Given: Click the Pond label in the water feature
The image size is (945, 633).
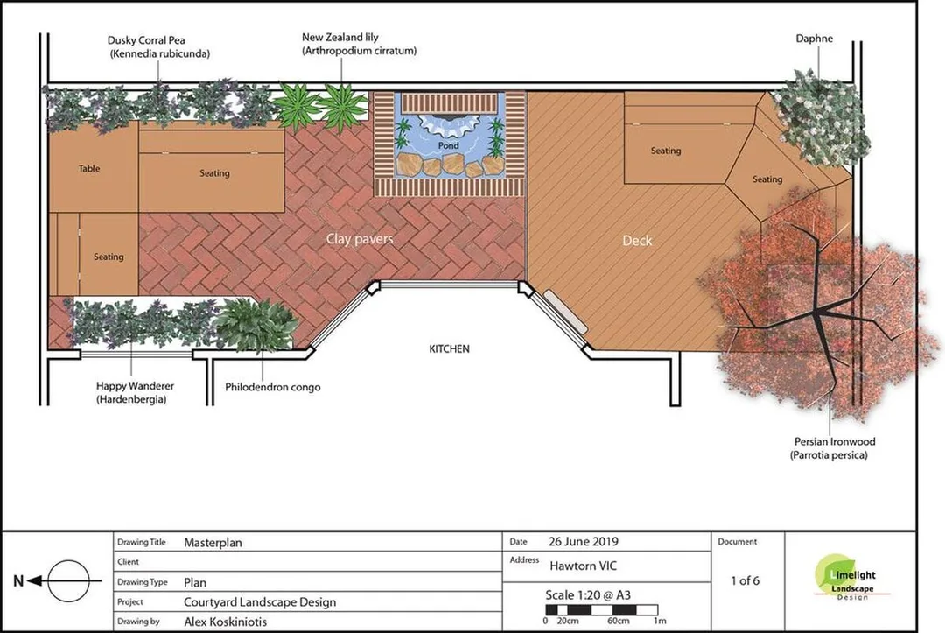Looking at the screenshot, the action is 448,146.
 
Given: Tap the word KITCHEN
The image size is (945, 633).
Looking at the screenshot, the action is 449,349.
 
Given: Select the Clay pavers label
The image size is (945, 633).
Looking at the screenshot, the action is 360,239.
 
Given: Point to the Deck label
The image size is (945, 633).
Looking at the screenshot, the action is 637,241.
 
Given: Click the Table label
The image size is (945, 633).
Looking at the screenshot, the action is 89,169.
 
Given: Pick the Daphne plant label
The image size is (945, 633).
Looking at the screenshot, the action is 815,39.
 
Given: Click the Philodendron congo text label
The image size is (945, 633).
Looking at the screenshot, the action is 272,387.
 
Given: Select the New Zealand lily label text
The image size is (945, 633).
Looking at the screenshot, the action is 360,44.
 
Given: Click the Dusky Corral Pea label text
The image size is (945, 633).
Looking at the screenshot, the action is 159,47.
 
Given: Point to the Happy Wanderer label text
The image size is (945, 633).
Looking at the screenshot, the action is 134,392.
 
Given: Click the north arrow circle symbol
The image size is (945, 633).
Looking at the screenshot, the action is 69,581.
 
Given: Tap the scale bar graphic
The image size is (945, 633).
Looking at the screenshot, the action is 601,610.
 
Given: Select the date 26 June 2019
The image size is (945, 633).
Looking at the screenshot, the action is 584,541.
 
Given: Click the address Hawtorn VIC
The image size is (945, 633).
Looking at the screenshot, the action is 584,566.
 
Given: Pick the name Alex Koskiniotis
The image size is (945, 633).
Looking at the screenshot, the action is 226,622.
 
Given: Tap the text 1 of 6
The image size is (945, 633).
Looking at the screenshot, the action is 745,581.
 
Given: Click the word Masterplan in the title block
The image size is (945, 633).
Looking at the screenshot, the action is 213,543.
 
